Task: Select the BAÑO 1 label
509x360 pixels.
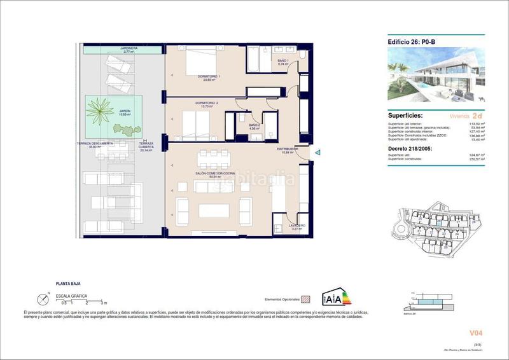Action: click(x=283, y=62)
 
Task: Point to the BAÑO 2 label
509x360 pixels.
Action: click(x=254, y=125)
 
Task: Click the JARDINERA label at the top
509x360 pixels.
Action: click(x=129, y=48)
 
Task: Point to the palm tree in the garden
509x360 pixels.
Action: click(x=101, y=109)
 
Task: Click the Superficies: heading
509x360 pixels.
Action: click(x=407, y=116)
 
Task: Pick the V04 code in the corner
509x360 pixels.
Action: click(x=476, y=332)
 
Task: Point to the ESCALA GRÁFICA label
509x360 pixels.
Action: click(x=72, y=296)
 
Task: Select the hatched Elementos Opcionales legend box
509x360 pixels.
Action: click(x=305, y=298)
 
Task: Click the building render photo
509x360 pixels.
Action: click(x=436, y=74)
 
